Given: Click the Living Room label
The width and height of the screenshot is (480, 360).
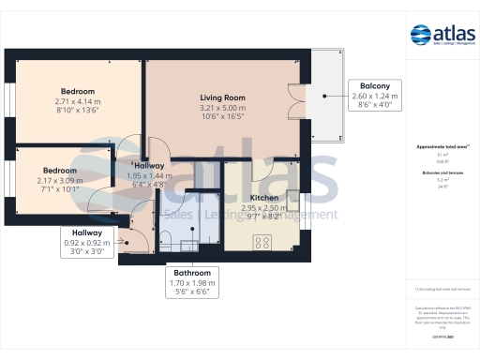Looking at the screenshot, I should click(222, 97).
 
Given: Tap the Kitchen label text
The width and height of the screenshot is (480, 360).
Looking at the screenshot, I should click(264, 198).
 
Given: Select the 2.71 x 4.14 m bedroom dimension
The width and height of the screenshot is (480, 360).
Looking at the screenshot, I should click(76, 100).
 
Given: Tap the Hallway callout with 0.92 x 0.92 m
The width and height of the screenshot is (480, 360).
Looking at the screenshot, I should click(87, 241).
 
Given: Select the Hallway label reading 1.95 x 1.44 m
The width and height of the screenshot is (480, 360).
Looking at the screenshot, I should click(151, 175).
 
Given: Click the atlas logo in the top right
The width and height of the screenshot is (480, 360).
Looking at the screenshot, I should click(441, 36).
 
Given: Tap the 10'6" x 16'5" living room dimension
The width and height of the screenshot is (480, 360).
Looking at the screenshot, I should click(222, 117).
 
